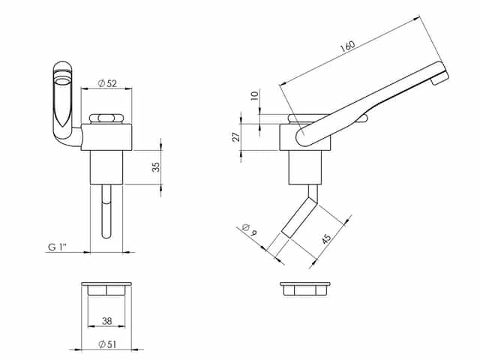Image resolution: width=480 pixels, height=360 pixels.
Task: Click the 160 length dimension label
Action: tap(347, 46)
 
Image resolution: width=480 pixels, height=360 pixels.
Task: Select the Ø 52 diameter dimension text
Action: tap(107, 83)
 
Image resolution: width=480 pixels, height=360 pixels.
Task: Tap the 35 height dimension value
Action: tap(156, 167)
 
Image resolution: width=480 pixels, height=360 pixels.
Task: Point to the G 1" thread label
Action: tap(58, 247)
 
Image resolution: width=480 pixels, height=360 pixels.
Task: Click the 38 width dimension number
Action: tap(106, 321)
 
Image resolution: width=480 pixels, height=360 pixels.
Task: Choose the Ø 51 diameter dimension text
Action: tap(107, 344)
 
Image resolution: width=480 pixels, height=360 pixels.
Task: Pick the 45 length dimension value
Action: tap(326, 238)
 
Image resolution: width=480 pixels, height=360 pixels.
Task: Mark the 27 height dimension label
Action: tap(236, 136)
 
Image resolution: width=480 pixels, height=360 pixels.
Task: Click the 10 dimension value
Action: tap(255, 96)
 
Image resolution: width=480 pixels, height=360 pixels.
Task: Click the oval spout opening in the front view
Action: tap(63, 81)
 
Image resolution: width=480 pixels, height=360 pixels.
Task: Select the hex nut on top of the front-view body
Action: tap(106, 118)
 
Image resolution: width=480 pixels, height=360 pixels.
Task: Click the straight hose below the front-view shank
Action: tap(106, 211)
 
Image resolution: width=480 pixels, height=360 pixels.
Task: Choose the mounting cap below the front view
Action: tap(106, 289)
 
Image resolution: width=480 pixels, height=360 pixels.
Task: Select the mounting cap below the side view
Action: tap(305, 289)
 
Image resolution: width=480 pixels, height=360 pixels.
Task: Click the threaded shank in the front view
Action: tap(106, 167)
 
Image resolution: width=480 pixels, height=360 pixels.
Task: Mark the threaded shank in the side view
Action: tap(305, 167)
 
